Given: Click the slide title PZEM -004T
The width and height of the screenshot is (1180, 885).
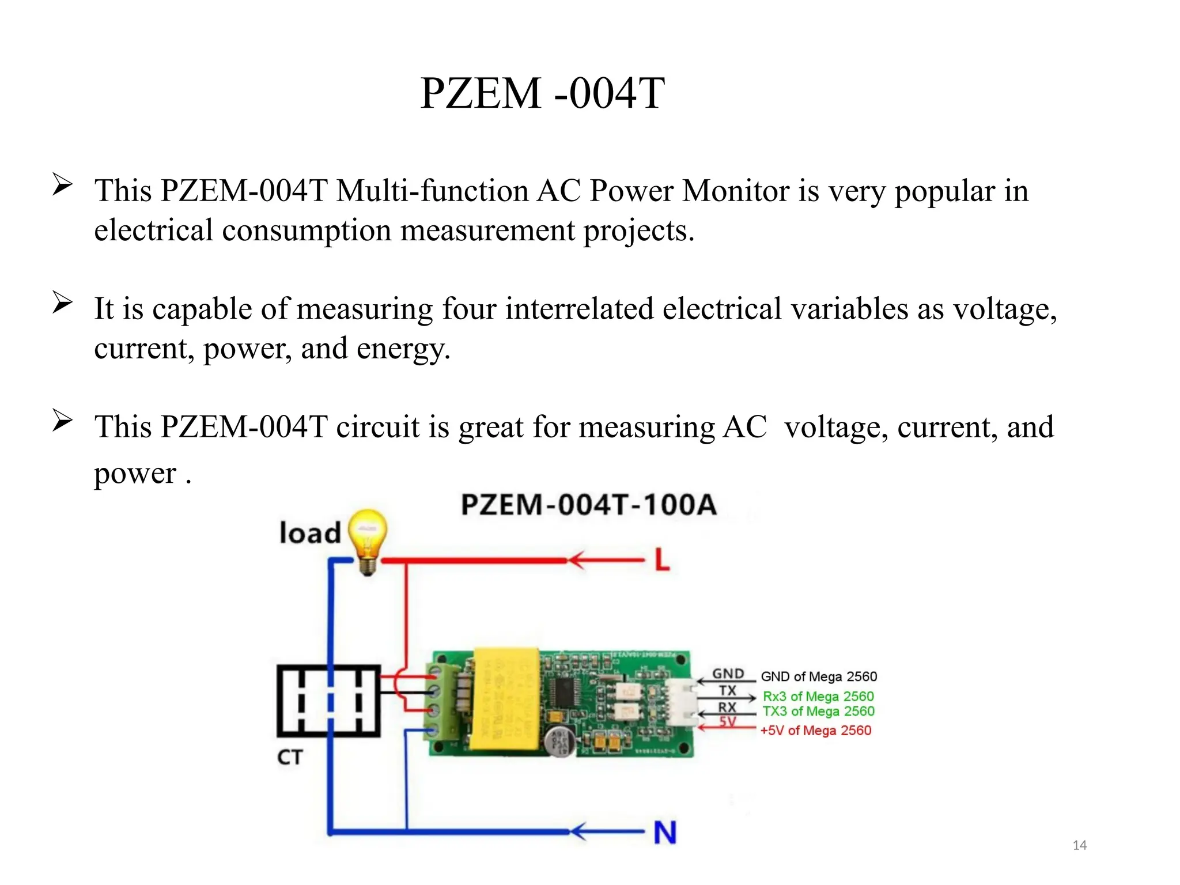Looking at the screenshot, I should [x=542, y=93].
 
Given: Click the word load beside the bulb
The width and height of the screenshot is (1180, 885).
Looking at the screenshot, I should [x=310, y=533].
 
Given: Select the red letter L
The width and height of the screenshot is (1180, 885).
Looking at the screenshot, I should [x=663, y=559].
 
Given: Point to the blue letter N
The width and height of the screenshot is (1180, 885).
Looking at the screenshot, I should [x=665, y=832].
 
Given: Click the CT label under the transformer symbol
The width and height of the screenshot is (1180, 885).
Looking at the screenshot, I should [x=290, y=757].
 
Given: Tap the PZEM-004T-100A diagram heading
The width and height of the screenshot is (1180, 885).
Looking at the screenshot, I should [x=588, y=505].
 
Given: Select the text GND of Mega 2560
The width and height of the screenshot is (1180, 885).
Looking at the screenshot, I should [x=819, y=676].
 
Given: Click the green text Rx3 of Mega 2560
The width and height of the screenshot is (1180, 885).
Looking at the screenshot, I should [x=818, y=697].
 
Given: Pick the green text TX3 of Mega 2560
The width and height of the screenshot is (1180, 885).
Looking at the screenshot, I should [x=818, y=712].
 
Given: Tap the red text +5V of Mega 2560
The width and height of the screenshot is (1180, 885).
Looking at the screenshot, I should [x=815, y=731].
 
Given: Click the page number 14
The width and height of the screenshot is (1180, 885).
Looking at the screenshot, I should [x=1079, y=845].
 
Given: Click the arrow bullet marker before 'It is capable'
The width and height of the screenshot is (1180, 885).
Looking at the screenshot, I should [x=62, y=302].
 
